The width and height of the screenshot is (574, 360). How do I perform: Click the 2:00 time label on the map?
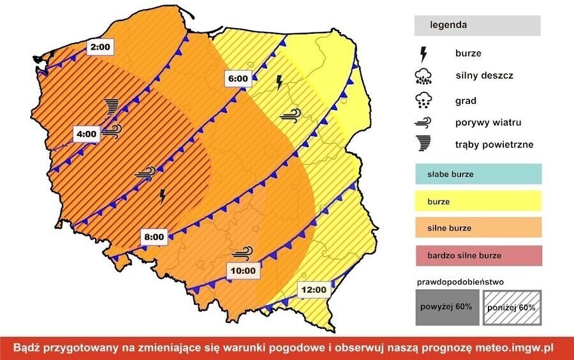click(100, 47)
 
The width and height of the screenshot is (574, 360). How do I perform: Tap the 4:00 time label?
click(87, 134)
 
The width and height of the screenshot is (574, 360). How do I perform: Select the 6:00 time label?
click(237, 79)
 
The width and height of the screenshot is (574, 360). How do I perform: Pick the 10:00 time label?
click(243, 270)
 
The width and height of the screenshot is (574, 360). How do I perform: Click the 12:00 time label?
click(314, 289)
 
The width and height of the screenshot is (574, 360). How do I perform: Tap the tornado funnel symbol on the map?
click(112, 106)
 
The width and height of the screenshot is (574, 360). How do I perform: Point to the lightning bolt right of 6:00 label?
click(279, 82)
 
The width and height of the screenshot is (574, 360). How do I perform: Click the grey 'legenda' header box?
click(477, 26)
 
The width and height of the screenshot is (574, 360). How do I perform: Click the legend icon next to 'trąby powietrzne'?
click(422, 145)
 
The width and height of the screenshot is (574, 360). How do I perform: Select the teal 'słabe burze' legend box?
click(477, 174)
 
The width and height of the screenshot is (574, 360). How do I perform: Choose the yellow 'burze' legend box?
click(477, 201)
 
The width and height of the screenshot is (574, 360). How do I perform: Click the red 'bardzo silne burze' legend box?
click(477, 255)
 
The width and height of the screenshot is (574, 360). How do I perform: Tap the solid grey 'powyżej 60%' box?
click(445, 307)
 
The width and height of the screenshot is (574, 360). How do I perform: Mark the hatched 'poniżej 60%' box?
click(511, 307)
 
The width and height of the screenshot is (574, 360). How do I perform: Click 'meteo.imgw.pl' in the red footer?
click(518, 348)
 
